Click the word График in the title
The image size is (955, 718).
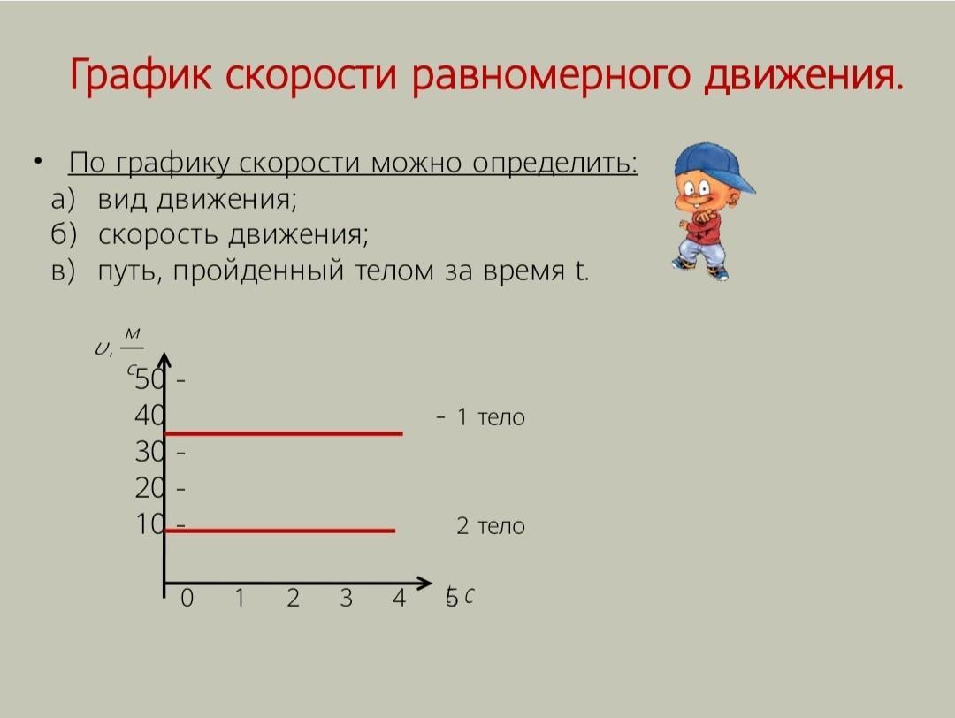tap(141, 76)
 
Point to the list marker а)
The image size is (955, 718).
tap(63, 199)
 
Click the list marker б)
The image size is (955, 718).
tap(64, 234)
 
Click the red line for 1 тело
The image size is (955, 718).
tap(284, 433)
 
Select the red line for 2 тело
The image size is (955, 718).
tap(280, 531)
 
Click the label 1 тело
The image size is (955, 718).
tap(490, 417)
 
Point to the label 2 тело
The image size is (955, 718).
tap(490, 525)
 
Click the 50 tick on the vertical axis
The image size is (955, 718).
tap(149, 379)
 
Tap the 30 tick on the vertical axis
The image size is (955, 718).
tap(149, 452)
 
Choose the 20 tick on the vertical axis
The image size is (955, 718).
tap(149, 488)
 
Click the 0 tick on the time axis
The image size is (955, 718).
tap(187, 598)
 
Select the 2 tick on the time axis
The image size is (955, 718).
tap(293, 598)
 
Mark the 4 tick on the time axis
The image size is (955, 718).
tap(399, 598)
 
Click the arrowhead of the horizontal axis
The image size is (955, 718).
tap(424, 583)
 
